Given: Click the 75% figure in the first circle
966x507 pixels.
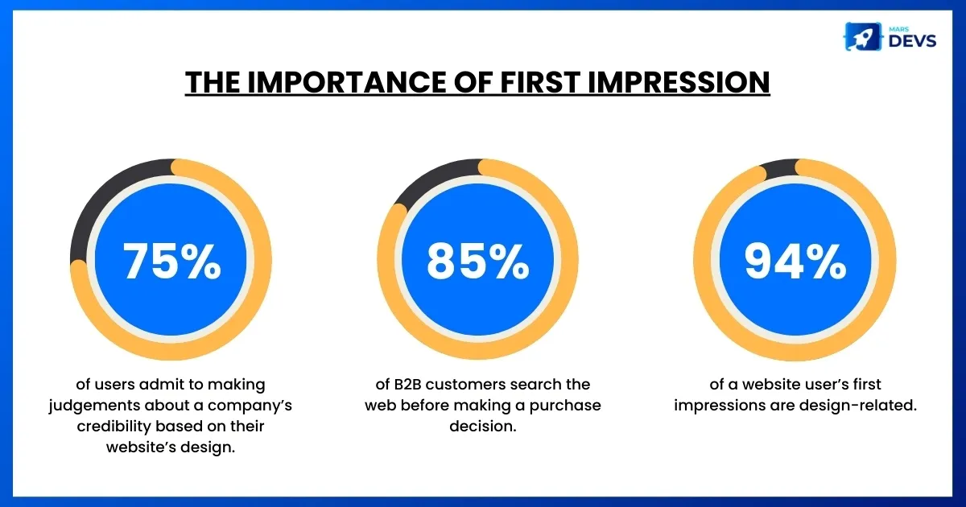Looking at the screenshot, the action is tap(172, 262).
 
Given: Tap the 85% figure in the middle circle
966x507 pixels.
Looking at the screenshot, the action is tap(478, 262).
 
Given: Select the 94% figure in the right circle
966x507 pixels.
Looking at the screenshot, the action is tap(795, 262).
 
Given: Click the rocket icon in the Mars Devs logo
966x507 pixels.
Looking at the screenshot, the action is tap(863, 37).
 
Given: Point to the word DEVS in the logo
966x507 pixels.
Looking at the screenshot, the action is tap(913, 41).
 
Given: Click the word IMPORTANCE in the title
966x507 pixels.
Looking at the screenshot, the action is tap(347, 82).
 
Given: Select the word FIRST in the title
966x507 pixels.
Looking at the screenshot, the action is tap(540, 82).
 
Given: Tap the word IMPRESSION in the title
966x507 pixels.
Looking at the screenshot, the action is tap(679, 82).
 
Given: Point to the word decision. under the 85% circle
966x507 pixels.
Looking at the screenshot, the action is tap(482, 426).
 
